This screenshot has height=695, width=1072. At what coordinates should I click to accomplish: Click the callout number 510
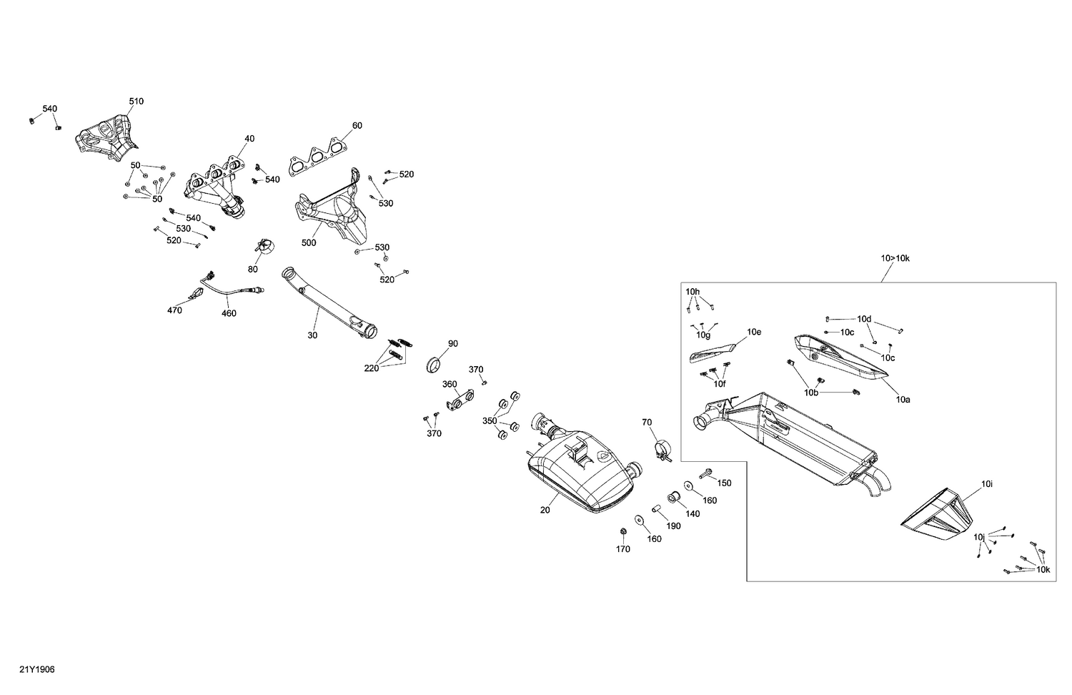(x=136, y=102)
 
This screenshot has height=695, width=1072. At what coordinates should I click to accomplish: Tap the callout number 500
(x=309, y=243)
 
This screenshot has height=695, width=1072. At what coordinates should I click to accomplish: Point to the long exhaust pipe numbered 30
(x=329, y=304)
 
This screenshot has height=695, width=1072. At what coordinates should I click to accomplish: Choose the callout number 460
(x=229, y=313)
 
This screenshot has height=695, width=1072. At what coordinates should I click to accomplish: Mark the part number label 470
(x=174, y=310)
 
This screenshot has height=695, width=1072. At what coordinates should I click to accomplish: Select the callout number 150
(x=724, y=483)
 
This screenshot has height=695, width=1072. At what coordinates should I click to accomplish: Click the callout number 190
(x=674, y=526)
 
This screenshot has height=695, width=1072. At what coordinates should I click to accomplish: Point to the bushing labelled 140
(x=673, y=498)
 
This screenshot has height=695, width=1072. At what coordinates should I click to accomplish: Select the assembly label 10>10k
(x=895, y=258)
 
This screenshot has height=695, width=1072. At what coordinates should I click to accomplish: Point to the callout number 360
(x=449, y=384)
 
